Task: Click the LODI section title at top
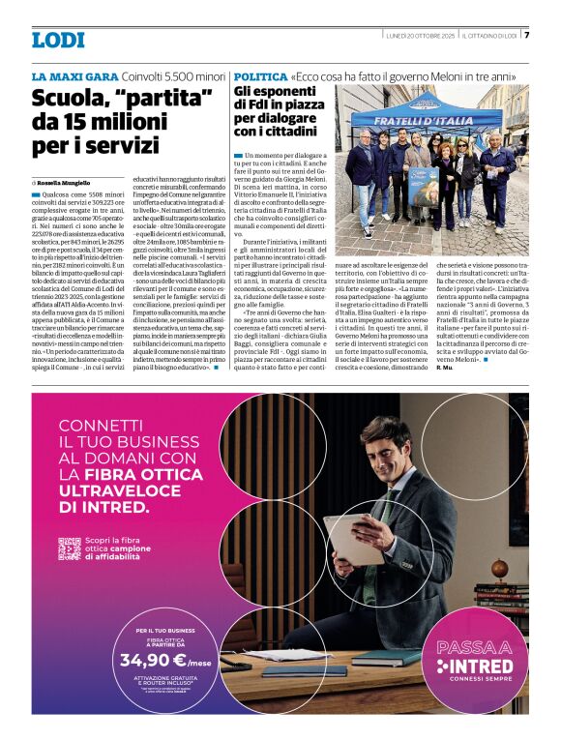(58, 40)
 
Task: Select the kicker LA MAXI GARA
(74, 75)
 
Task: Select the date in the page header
(417, 36)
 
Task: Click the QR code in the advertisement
(69, 548)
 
